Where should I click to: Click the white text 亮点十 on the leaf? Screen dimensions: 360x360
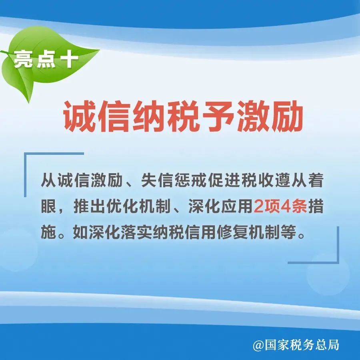46,59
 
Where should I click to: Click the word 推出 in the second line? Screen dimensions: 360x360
90,206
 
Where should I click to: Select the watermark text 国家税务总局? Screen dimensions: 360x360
302,345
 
